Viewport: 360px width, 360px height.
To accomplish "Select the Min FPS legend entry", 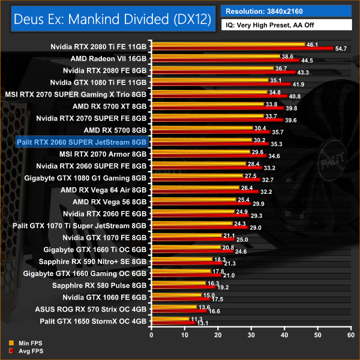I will [23, 343].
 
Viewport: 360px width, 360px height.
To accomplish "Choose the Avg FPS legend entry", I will [23, 350].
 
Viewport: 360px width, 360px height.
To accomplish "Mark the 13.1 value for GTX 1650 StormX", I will [206, 324].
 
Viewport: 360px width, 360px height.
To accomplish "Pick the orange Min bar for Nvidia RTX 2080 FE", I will [213, 68].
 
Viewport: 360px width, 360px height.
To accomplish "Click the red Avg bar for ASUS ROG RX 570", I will [180, 312].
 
